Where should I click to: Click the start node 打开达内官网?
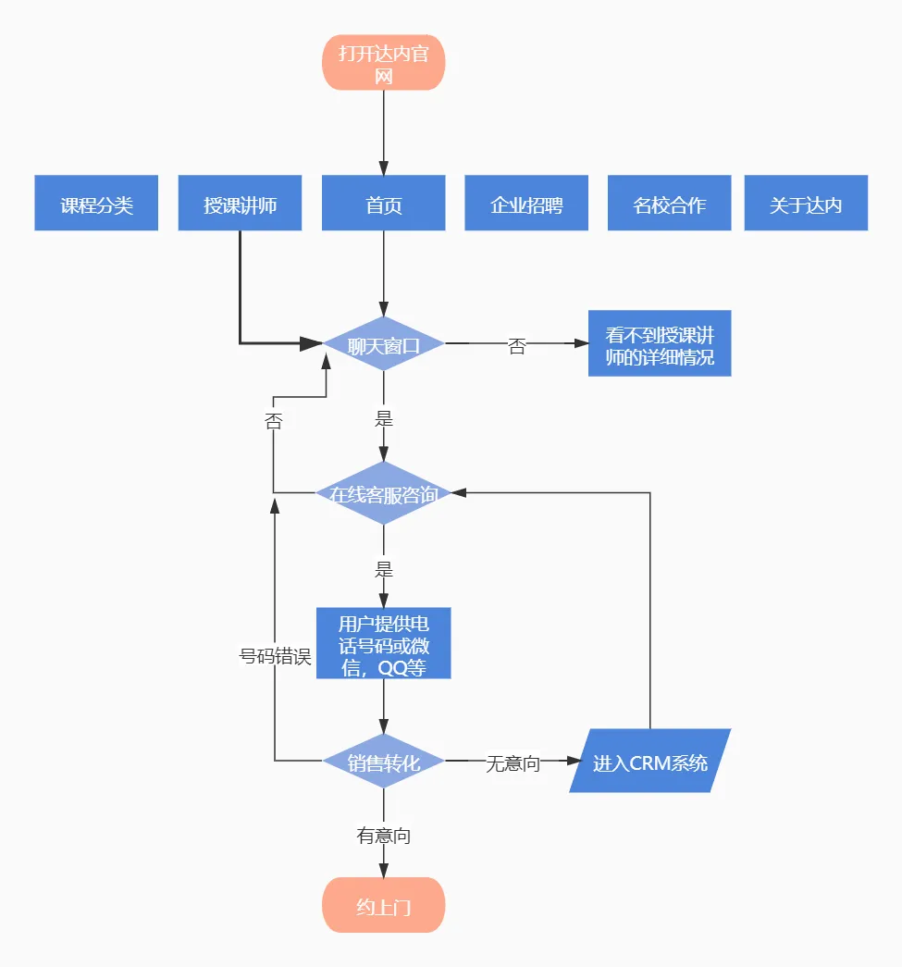point(384,63)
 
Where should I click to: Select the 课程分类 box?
point(97,204)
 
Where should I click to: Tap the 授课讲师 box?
point(241,204)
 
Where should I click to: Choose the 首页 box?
point(384,204)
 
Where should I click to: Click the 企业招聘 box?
point(526,204)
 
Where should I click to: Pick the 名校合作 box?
point(669,204)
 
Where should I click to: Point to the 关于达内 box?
point(806,204)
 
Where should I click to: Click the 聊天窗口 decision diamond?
point(384,344)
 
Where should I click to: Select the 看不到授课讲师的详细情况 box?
point(660,344)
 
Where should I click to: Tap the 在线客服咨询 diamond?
point(384,493)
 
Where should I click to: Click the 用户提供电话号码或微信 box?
point(384,644)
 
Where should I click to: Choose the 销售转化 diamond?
point(384,762)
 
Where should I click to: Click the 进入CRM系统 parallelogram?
point(650,762)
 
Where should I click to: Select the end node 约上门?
point(384,905)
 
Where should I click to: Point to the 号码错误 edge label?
point(274,656)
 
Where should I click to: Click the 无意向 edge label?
point(513,763)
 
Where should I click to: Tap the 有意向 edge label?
point(384,836)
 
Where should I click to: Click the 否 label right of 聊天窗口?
point(517,346)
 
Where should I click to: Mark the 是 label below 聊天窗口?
point(384,418)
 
